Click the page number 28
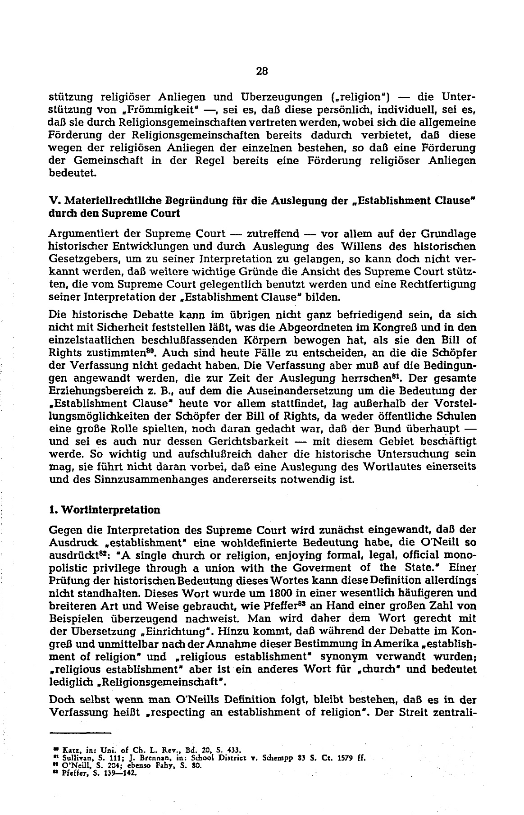tap(262, 71)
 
